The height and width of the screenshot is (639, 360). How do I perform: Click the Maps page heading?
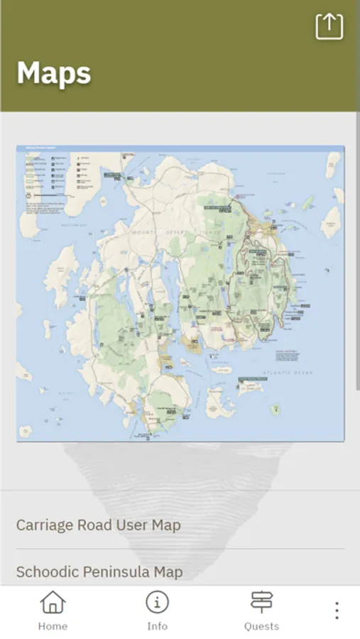click(54, 73)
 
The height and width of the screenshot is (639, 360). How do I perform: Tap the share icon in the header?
click(329, 26)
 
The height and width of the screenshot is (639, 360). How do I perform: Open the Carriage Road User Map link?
click(99, 525)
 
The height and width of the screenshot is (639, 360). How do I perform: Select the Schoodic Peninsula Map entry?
click(99, 572)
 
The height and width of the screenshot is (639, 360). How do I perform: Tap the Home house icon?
click(53, 603)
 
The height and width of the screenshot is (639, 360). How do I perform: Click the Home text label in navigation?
click(53, 626)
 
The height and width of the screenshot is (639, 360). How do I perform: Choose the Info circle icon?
click(157, 602)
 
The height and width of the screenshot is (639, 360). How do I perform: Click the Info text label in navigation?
click(157, 626)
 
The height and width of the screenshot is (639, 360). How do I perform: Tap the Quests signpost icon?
click(261, 602)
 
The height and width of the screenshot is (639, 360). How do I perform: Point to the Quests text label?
click(261, 626)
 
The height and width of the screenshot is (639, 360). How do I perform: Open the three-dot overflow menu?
click(337, 611)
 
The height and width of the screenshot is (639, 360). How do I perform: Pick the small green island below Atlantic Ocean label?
click(275, 410)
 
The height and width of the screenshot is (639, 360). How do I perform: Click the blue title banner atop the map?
click(180, 148)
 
